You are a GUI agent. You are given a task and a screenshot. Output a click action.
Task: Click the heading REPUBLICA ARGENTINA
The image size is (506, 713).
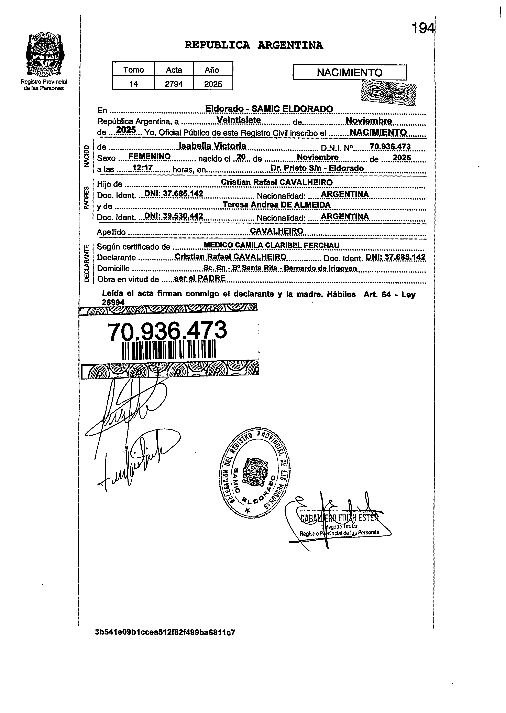pyautogui.click(x=254, y=45)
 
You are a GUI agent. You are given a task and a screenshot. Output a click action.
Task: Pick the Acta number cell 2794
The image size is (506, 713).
pyautogui.click(x=174, y=84)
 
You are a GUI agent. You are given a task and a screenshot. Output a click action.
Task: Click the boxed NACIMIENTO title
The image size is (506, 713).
pyautogui.click(x=349, y=73)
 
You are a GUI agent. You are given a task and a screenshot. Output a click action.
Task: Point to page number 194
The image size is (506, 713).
pyautogui.click(x=423, y=29)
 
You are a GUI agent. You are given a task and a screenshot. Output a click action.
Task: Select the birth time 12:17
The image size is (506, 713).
pyautogui.click(x=142, y=168)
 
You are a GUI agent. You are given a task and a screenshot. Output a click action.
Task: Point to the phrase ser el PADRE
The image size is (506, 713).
pyautogui.click(x=200, y=278)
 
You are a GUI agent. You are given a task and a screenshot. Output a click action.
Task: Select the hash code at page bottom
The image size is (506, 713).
pyautogui.click(x=165, y=632)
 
